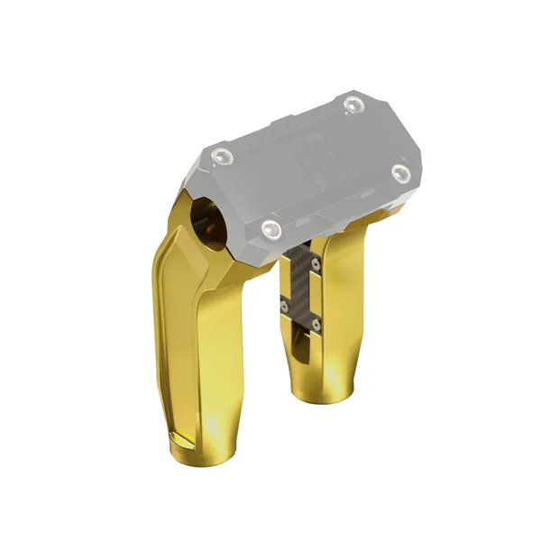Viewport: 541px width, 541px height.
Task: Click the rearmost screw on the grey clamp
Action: [x=352, y=106]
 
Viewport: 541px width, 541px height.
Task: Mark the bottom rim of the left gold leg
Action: [x=203, y=451]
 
